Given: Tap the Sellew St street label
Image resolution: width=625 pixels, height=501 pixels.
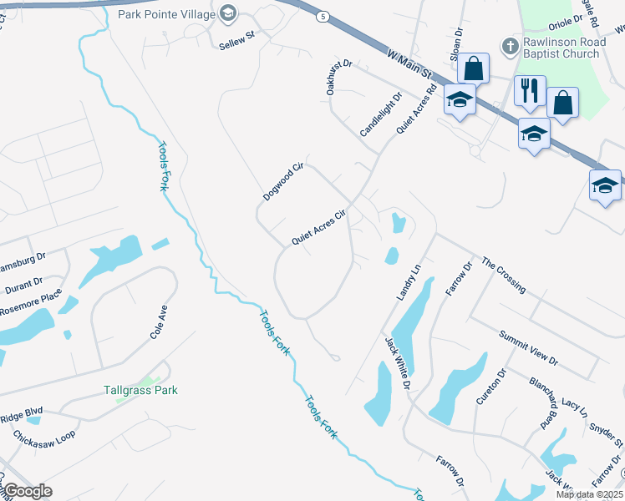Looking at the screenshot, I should [x=236, y=40].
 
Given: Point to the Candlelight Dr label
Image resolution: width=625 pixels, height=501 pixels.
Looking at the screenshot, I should [x=380, y=115].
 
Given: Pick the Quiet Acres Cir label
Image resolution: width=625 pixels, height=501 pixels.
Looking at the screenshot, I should [x=318, y=228].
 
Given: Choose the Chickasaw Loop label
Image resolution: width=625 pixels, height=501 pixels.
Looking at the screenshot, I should [x=43, y=434].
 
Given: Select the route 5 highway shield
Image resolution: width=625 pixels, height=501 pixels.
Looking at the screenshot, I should [x=322, y=17].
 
